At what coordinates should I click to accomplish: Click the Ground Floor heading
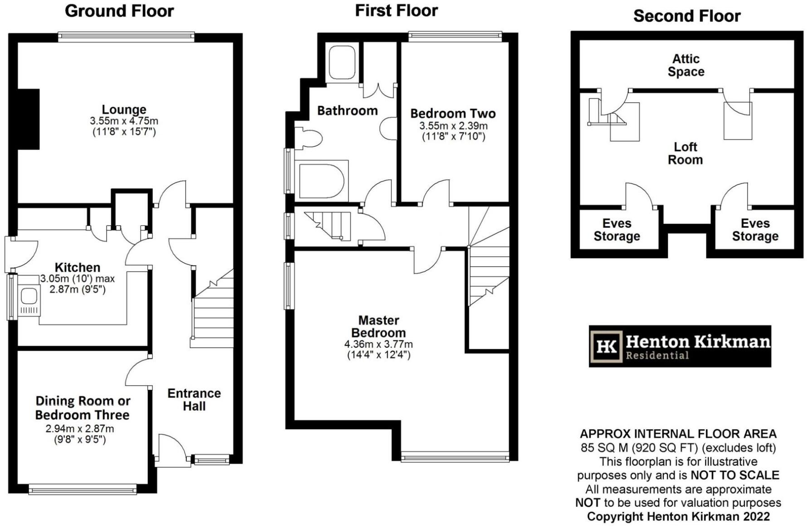[119, 11]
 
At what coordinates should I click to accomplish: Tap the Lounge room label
[124, 110]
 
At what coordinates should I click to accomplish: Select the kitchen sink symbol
[29, 297]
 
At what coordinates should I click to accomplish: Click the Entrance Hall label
[194, 399]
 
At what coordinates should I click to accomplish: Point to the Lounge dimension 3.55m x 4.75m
[124, 121]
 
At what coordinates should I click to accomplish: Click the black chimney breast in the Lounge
[28, 119]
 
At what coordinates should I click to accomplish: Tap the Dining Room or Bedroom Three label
[83, 408]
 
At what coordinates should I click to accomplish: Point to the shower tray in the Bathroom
[342, 63]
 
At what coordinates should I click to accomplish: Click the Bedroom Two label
[453, 113]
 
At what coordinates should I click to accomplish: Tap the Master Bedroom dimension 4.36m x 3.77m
[379, 344]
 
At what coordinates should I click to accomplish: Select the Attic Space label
[686, 65]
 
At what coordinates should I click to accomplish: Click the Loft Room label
[685, 153]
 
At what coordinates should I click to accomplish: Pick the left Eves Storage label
[617, 230]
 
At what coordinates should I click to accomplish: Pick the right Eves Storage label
[755, 230]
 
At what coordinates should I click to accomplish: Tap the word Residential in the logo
[657, 356]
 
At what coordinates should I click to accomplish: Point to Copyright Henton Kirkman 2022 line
[678, 516]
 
